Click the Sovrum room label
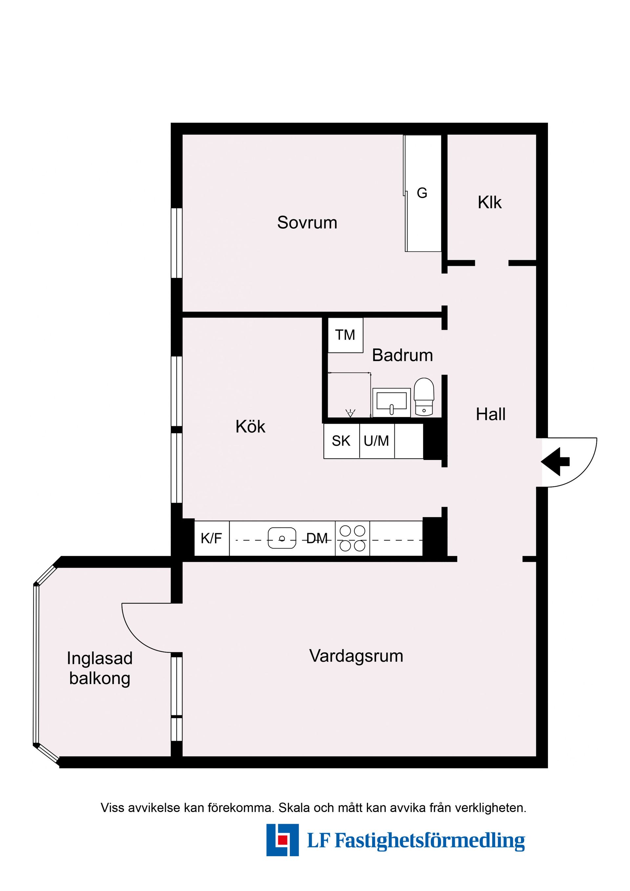pos(307,223)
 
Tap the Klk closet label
pos(490,202)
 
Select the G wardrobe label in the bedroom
pos(422,193)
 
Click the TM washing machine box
pos(345,335)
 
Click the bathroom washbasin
pos(391,402)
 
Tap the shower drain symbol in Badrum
pos(350,413)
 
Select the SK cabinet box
pos(341,441)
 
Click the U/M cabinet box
pos(377,441)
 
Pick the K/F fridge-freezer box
pos(212,538)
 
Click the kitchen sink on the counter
pos(282,538)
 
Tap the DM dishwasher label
pos(317,538)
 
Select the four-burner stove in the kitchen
pos(352,538)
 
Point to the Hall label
pos(491,414)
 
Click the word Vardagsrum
pos(356,656)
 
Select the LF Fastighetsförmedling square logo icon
pos(282,840)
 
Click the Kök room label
pos(250,427)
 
